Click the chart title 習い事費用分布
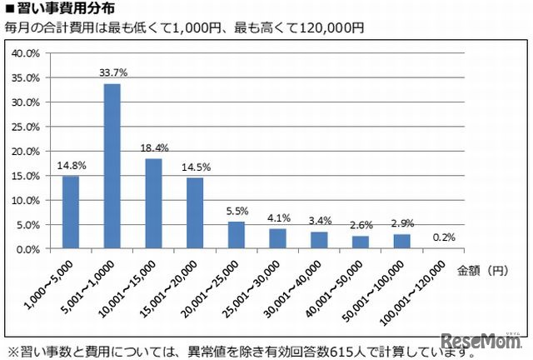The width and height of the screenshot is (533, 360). tap(58, 9)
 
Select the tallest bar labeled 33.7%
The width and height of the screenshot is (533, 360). tap(112, 167)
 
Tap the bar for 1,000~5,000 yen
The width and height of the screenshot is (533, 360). tap(71, 212)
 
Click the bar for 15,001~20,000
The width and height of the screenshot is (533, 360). tap(195, 213)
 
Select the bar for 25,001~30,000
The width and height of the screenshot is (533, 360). tap(277, 238)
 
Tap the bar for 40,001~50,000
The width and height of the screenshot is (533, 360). tap(360, 242)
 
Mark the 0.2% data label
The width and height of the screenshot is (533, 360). tap(443, 237)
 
